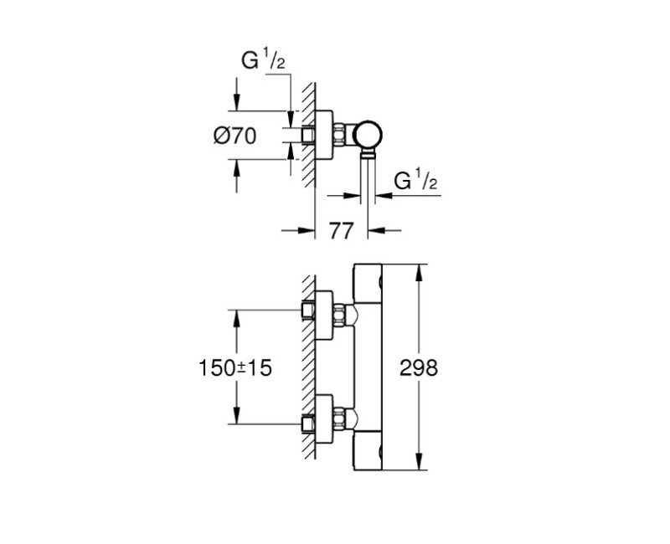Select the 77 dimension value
(341, 230)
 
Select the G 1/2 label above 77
(415, 179)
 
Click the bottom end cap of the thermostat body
(368, 452)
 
